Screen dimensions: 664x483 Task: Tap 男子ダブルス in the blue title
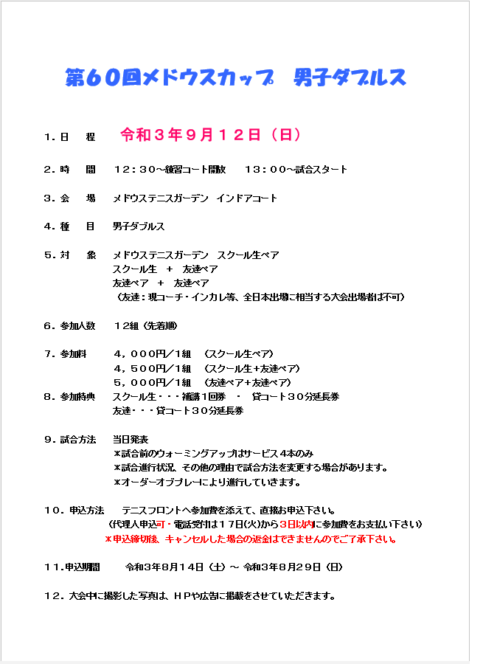pyautogui.click(x=350, y=77)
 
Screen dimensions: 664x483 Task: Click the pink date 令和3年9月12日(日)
pyautogui.click(x=210, y=135)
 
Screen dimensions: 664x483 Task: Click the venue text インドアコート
pyautogui.click(x=246, y=198)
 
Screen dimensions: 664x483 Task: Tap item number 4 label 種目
pyautogui.click(x=77, y=226)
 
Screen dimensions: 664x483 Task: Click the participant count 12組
pyautogui.click(x=125, y=325)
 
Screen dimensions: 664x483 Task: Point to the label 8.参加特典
pyautogui.click(x=69, y=396)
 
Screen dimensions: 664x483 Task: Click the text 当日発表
pyautogui.click(x=131, y=439)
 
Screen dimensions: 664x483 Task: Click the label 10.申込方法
pyautogui.click(x=74, y=510)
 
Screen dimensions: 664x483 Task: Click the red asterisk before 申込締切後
pyautogui.click(x=108, y=539)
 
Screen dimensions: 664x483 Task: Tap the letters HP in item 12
pyautogui.click(x=181, y=596)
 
